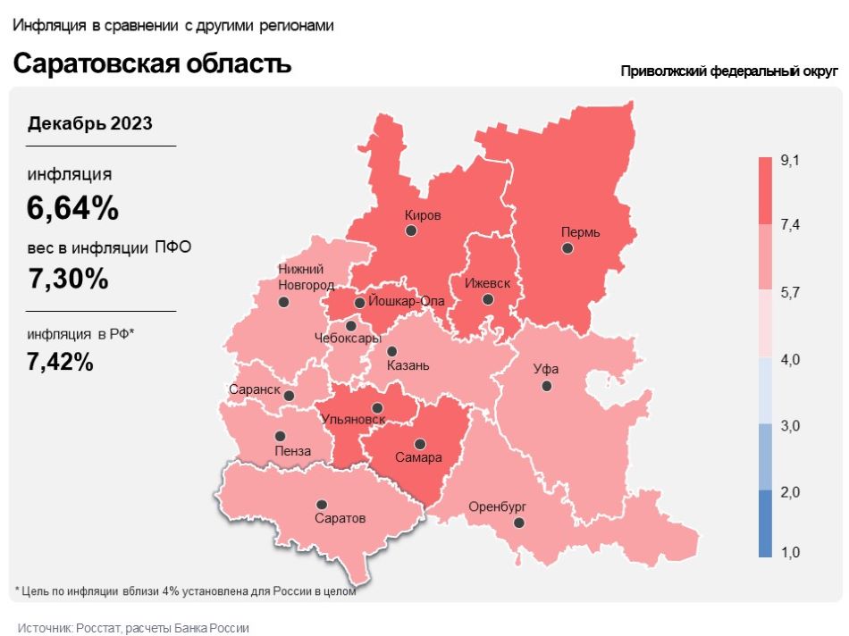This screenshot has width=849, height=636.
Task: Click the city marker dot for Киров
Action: click(x=411, y=230)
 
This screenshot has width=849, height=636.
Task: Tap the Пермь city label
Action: click(x=580, y=232)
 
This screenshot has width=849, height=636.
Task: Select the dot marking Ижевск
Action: click(x=487, y=299)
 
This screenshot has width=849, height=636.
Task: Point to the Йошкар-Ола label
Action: click(x=407, y=301)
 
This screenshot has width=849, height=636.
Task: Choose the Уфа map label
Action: click(x=545, y=368)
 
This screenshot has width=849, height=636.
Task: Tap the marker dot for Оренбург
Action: click(x=518, y=523)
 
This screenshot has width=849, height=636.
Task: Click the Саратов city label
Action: click(x=340, y=518)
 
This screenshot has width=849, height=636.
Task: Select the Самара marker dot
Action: click(x=419, y=444)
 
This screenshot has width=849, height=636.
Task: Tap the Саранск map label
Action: click(x=255, y=391)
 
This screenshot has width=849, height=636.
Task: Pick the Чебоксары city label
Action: click(x=348, y=339)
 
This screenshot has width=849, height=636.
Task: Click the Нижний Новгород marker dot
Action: click(x=283, y=303)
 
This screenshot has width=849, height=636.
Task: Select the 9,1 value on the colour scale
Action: click(x=789, y=160)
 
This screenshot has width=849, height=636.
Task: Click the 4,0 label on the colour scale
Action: click(x=789, y=359)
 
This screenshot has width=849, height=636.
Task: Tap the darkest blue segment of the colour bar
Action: click(x=765, y=523)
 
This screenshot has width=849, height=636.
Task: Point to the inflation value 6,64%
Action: click(x=72, y=208)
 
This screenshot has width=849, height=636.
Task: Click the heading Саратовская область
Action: click(x=152, y=64)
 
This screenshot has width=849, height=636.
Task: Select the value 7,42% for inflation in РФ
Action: click(x=60, y=362)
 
